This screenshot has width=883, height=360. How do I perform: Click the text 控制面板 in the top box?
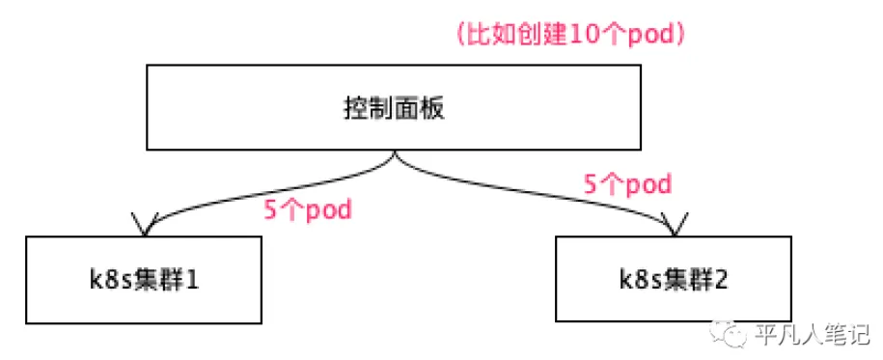(x=393, y=108)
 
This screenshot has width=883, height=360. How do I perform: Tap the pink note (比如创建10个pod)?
(x=570, y=34)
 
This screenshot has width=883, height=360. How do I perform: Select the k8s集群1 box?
(x=144, y=281)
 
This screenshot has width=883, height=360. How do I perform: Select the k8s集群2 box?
(x=673, y=281)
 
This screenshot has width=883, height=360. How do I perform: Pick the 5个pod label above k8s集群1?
(x=307, y=209)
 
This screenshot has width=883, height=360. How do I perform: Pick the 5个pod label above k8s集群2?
(x=628, y=182)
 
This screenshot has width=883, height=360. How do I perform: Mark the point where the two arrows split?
(x=393, y=154)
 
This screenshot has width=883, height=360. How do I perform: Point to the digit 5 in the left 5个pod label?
(x=269, y=209)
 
